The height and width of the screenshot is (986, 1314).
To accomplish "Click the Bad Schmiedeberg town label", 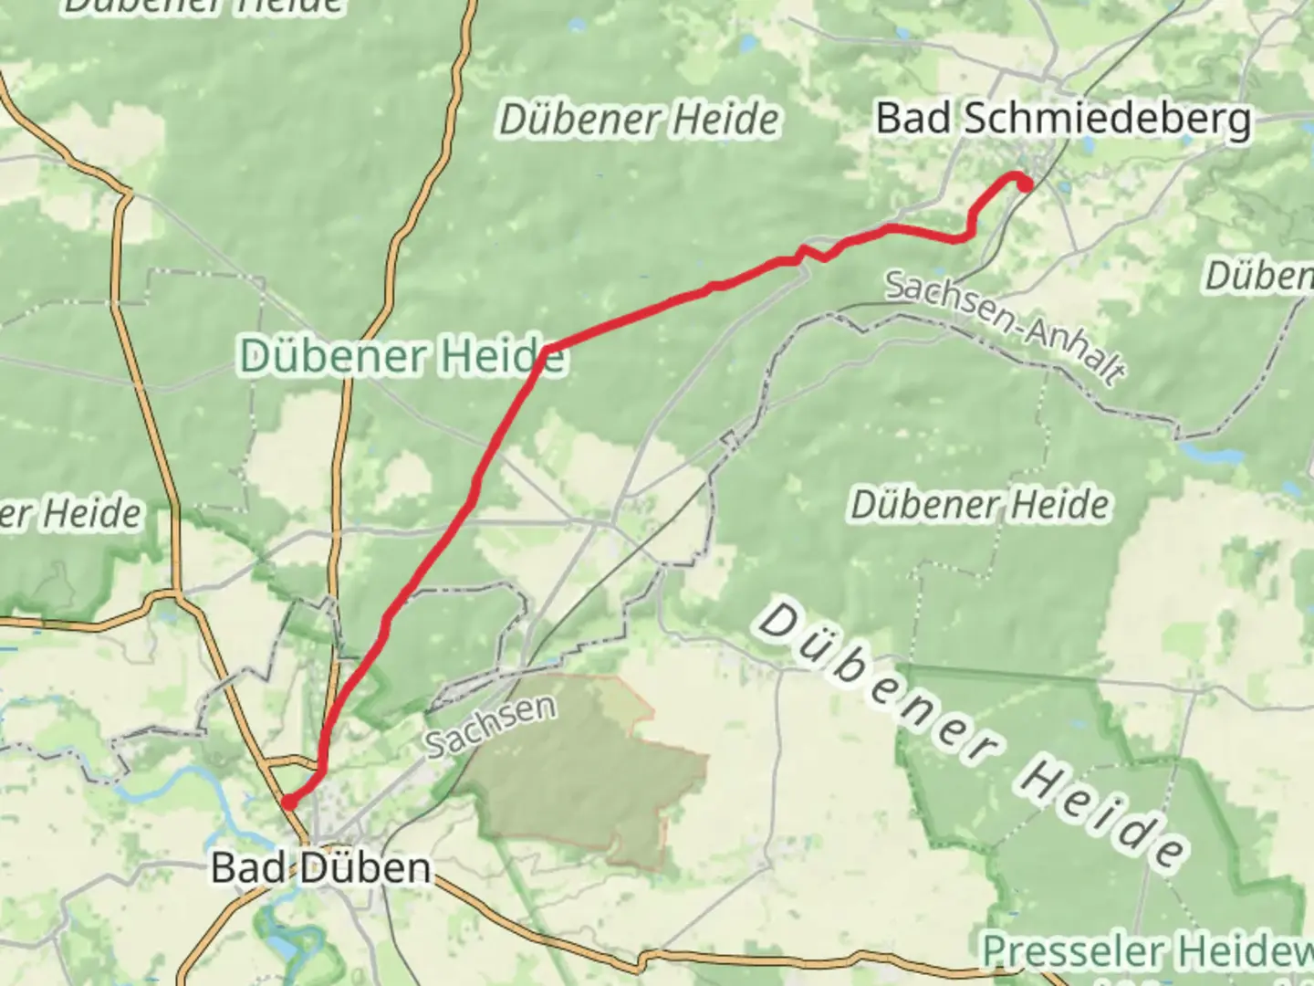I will [1063, 120].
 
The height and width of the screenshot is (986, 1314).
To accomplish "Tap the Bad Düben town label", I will [320, 867].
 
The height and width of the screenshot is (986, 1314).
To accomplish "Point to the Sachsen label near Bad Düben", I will [491, 726].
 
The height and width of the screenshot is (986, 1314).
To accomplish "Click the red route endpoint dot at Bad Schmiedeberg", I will [1025, 184].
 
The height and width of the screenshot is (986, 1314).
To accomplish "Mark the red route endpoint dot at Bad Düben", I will [287, 802].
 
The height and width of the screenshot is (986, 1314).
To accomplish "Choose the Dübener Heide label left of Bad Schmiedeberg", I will [640, 120].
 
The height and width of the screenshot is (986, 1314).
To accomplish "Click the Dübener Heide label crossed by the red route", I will [402, 355].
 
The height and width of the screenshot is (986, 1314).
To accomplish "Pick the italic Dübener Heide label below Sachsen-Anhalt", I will [980, 505].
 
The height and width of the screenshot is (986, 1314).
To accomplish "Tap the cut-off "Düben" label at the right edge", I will [1260, 276].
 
